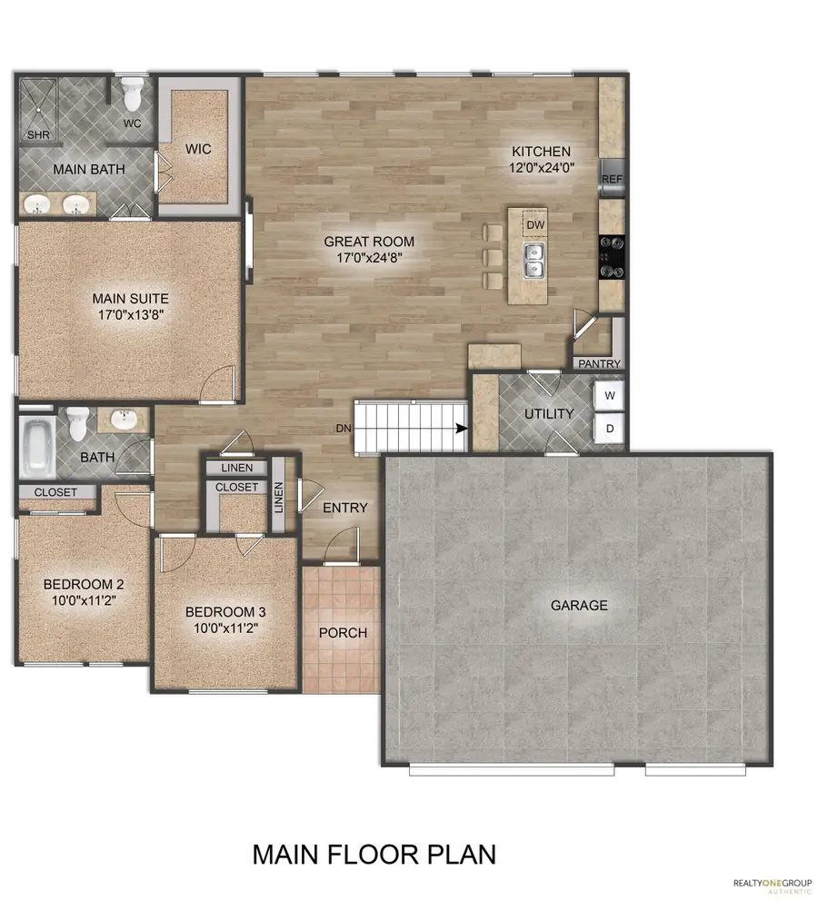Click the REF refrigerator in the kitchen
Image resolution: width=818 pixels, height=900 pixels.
tap(611, 178)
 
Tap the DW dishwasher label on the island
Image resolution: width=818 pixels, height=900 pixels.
tap(535, 223)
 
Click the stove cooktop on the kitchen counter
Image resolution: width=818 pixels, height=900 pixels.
tap(612, 256)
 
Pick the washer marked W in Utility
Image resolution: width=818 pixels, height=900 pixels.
tap(610, 396)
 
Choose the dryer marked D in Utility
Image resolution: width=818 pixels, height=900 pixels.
tap(610, 429)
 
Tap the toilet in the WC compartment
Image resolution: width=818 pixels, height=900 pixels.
tap(133, 94)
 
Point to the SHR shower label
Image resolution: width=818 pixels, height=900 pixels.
tap(38, 134)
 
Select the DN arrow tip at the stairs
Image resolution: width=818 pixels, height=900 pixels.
tap(464, 429)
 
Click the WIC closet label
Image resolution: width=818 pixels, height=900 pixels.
tap(198, 149)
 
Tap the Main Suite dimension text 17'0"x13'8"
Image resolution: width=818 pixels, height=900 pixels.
tap(130, 314)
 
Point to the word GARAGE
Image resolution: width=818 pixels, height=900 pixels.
tap(578, 605)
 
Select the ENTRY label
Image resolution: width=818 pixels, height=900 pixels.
tap(345, 508)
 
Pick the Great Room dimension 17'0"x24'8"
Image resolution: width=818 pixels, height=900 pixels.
tap(370, 258)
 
